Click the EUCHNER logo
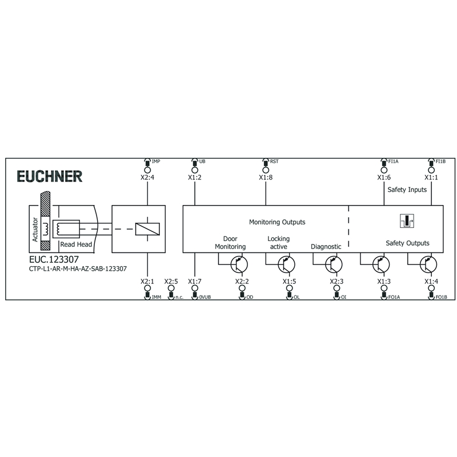[50, 177]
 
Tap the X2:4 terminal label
[147, 178]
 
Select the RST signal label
[274, 162]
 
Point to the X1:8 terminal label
[266, 178]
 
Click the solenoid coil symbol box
[147, 229]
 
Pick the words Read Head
[76, 244]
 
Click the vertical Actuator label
[35, 230]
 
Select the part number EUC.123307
[54, 259]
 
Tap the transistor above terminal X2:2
[239, 264]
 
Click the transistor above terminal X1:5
[287, 264]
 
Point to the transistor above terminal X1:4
[428, 264]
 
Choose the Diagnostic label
[326, 247]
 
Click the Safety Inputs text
[407, 190]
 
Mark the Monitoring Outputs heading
[277, 222]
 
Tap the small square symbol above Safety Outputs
[407, 221]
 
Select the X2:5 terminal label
[171, 282]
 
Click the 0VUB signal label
[205, 297]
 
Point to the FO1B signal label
[441, 297]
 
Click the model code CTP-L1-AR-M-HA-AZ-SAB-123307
[78, 268]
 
